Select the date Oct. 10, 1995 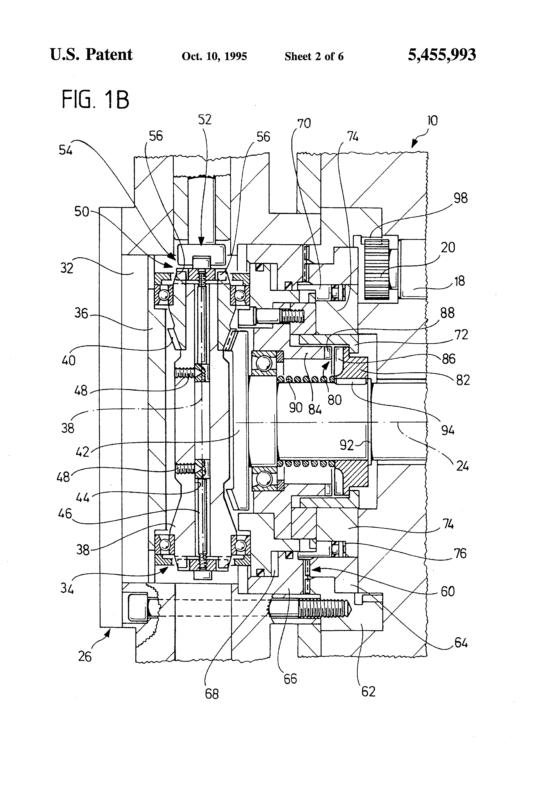tap(214, 56)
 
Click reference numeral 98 tap(460, 198)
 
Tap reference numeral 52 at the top tap(205, 120)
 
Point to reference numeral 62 tap(368, 691)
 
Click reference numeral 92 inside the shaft tap(347, 445)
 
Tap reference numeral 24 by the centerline tap(462, 466)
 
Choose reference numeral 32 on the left tap(67, 268)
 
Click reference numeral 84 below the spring tap(315, 410)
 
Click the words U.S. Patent tap(91, 55)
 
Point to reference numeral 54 tap(66, 150)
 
